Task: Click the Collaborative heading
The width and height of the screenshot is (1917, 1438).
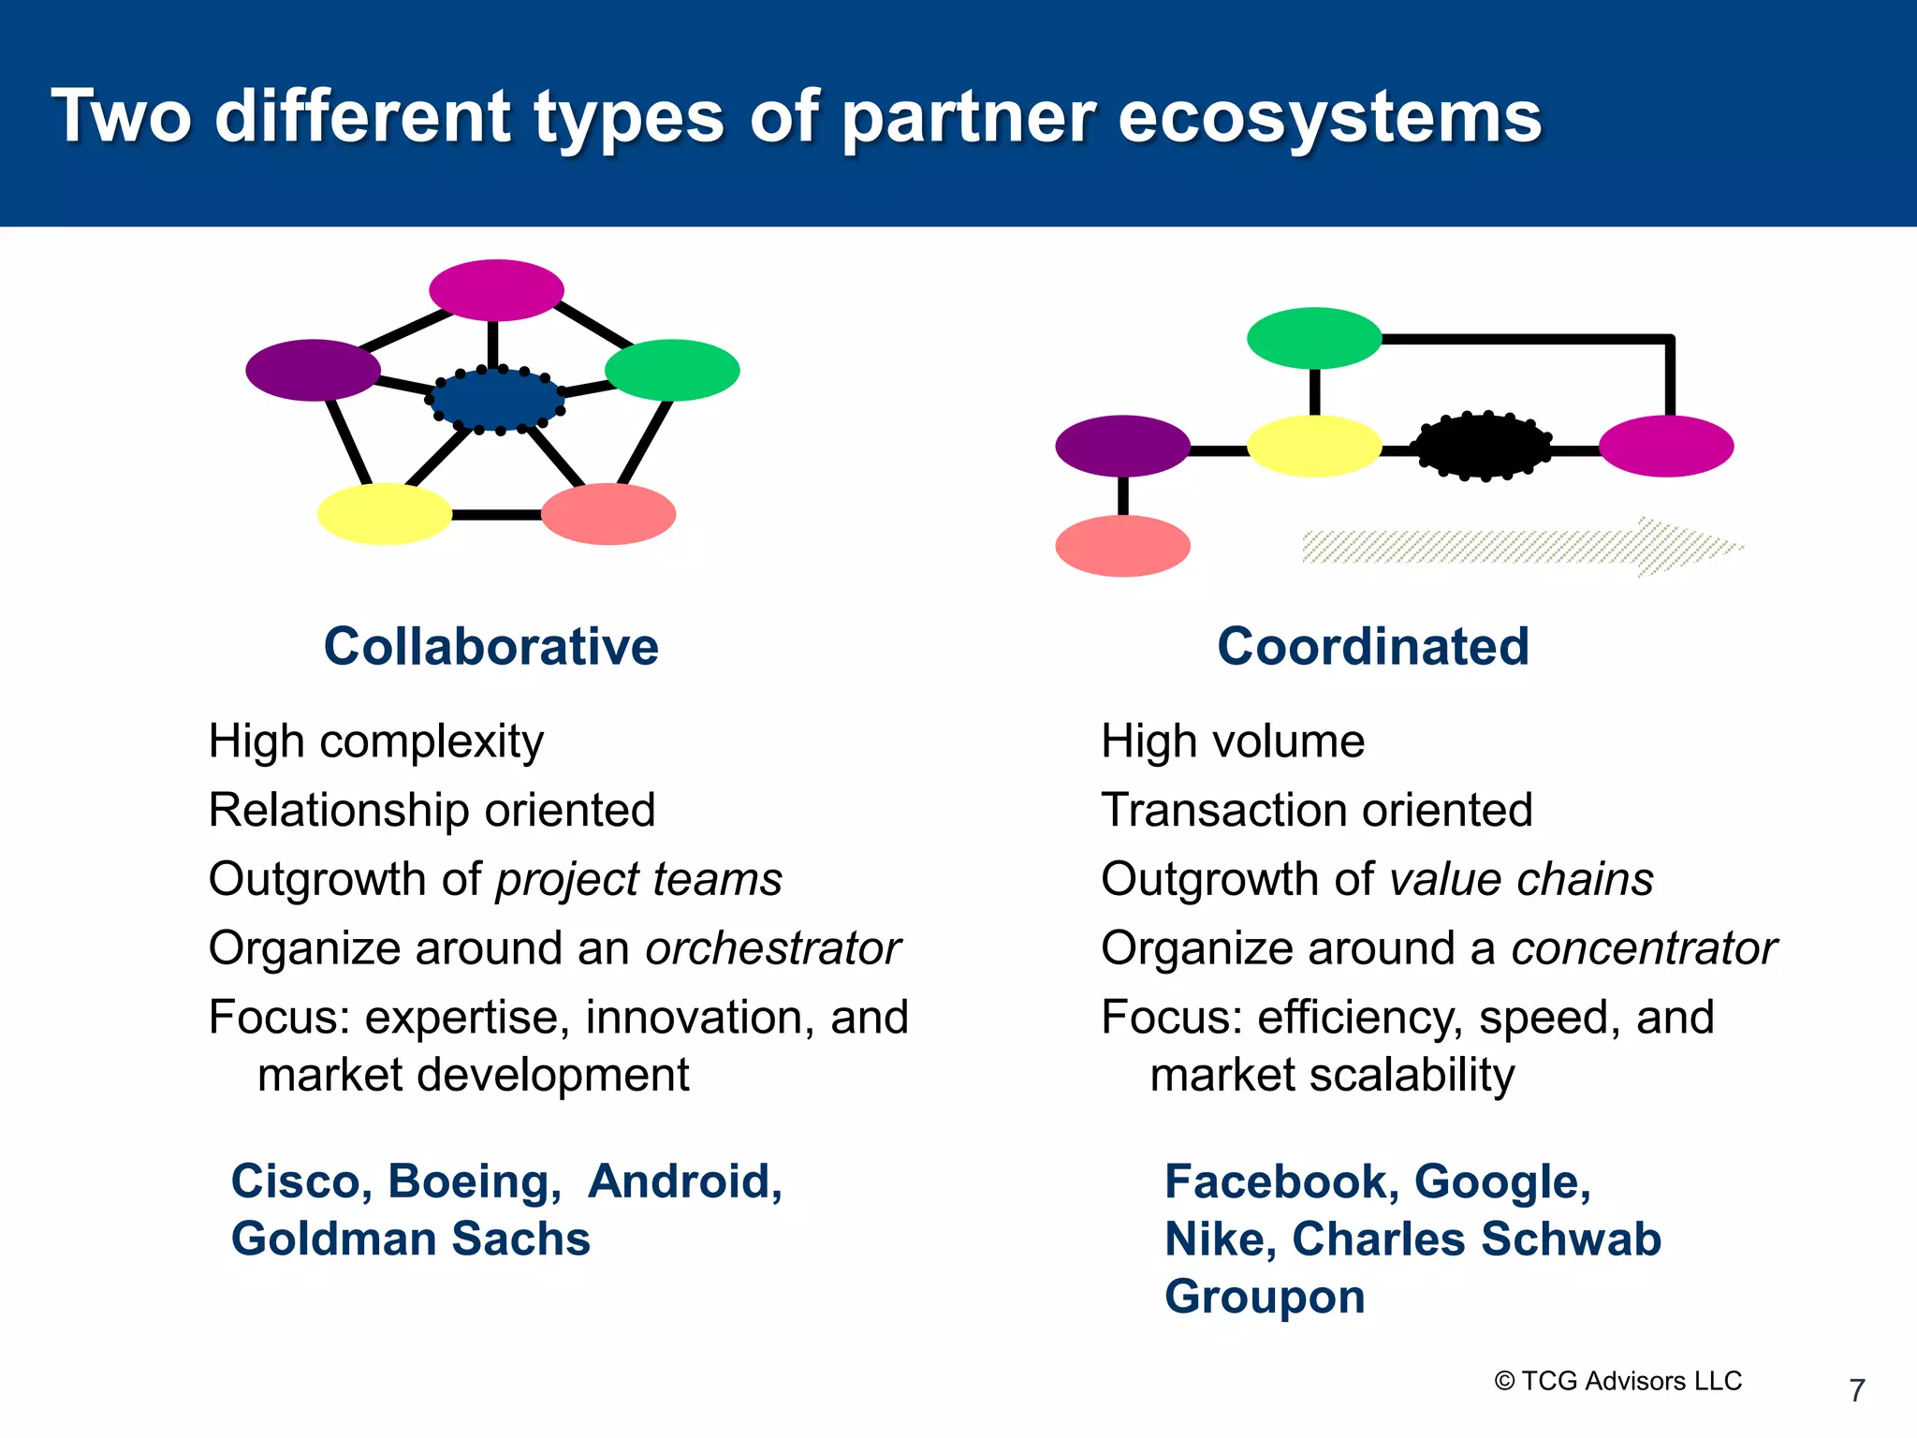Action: (490, 647)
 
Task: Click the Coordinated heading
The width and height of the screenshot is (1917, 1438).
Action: (1372, 647)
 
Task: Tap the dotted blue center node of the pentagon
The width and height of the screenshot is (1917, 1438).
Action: (496, 400)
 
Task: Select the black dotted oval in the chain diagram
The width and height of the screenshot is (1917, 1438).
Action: (1482, 447)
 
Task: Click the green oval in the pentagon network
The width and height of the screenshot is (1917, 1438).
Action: (672, 371)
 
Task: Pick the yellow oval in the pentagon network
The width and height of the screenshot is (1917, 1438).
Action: (385, 514)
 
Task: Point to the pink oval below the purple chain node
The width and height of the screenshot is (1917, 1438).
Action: (1122, 546)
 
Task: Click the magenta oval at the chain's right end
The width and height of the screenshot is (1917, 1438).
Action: (1666, 447)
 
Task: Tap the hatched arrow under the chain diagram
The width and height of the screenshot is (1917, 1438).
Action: (1516, 547)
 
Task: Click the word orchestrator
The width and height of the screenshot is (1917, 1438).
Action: (772, 948)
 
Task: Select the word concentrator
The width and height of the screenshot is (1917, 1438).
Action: (1644, 948)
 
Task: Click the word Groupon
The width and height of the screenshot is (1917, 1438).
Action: (1265, 1298)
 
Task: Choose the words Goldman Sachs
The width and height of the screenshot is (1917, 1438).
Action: (410, 1240)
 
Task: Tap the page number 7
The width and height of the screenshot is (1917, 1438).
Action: (1857, 1390)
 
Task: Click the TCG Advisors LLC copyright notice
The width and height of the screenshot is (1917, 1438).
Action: (1618, 1381)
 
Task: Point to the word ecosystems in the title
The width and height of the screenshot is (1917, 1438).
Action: (1329, 117)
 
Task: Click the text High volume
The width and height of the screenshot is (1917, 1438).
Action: (1232, 741)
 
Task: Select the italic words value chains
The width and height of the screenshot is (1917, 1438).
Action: (1521, 880)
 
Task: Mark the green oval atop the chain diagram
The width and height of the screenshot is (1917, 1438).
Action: (1314, 338)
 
